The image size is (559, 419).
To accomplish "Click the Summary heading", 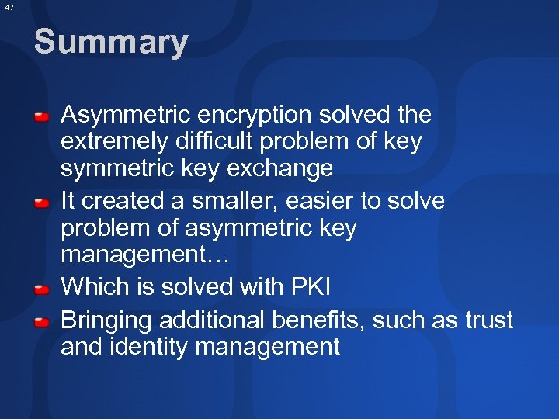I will [x=110, y=42].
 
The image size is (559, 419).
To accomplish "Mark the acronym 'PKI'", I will [x=310, y=287].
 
